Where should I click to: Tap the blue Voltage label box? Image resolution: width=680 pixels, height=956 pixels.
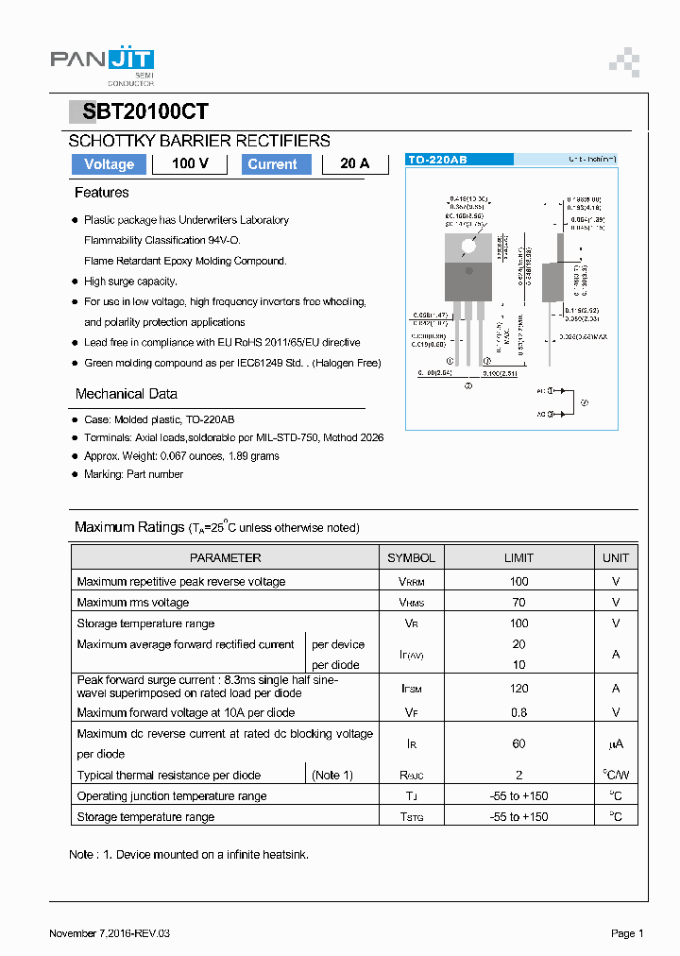pyautogui.click(x=110, y=164)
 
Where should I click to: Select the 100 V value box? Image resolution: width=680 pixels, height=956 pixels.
pyautogui.click(x=190, y=164)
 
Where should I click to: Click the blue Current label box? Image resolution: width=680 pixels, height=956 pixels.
pyautogui.click(x=272, y=164)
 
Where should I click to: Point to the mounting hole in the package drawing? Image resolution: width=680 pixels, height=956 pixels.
pyautogui.click(x=468, y=247)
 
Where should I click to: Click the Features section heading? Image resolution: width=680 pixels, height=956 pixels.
pyautogui.click(x=102, y=193)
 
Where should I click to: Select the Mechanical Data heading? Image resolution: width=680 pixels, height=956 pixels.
pyautogui.click(x=127, y=394)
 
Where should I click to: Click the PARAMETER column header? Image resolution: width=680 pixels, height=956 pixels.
pyautogui.click(x=225, y=558)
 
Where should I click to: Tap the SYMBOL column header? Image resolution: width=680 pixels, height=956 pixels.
pyautogui.click(x=411, y=558)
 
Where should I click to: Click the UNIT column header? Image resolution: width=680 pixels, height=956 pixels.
pyautogui.click(x=615, y=558)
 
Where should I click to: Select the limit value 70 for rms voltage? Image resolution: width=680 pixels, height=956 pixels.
pyautogui.click(x=518, y=603)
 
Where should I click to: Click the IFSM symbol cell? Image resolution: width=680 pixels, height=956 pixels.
pyautogui.click(x=411, y=690)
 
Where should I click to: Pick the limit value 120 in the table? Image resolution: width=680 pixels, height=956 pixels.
pyautogui.click(x=518, y=690)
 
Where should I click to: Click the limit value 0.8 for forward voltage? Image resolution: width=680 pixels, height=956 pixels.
pyautogui.click(x=518, y=712)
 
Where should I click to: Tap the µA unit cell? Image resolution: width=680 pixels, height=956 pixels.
pyautogui.click(x=615, y=744)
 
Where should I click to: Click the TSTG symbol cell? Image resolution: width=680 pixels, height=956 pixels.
pyautogui.click(x=411, y=817)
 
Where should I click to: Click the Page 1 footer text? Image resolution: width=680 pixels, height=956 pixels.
pyautogui.click(x=627, y=933)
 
